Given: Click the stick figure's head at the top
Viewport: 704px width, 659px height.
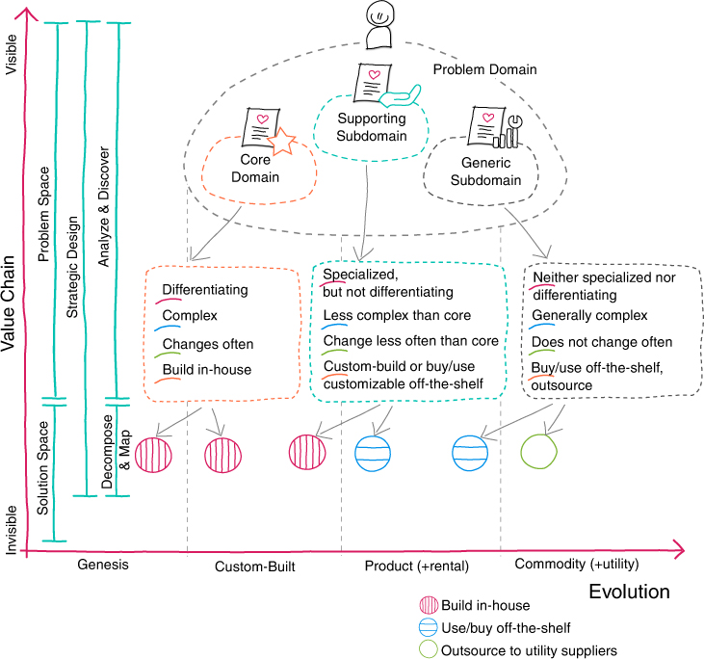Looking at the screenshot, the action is [380, 14].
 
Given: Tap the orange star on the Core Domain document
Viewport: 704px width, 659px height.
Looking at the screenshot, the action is [281, 141].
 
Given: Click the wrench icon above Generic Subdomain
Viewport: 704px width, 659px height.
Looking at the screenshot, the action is [515, 130].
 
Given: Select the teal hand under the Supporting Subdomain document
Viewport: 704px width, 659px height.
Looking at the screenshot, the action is [400, 96].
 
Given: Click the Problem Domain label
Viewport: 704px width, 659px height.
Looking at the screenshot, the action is [484, 69].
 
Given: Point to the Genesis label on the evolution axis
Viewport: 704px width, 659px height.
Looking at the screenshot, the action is [103, 565].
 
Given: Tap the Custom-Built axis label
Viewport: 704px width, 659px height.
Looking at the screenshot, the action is [255, 567].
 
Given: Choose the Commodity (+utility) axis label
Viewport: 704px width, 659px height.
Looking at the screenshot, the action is [577, 564].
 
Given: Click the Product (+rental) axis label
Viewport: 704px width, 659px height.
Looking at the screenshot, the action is [417, 566].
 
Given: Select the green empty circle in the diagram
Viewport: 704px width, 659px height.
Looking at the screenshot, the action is [538, 452].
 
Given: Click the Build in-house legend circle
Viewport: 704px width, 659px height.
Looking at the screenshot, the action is [429, 605].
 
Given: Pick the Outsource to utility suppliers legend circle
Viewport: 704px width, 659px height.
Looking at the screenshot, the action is [428, 649].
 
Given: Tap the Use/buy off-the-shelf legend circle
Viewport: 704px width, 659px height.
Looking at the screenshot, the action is [428, 627].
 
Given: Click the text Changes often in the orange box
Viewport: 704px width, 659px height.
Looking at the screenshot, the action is [208, 344].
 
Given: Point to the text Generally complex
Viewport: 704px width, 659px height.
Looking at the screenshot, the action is [589, 315].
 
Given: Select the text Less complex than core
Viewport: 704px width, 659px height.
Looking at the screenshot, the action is [397, 315].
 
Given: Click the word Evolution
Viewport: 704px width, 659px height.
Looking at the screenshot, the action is [629, 592].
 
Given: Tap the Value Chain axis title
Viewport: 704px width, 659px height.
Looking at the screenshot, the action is [8, 303].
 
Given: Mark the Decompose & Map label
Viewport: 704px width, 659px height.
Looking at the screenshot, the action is [116, 451].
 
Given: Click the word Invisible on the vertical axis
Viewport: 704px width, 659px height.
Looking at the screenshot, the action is [11, 530].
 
